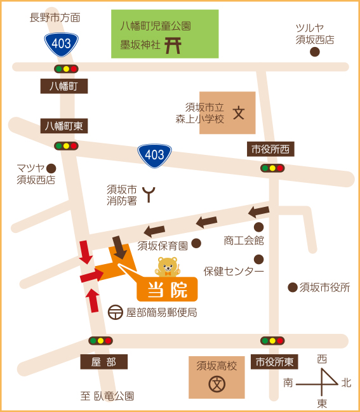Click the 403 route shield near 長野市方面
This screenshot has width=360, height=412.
pos(62,43)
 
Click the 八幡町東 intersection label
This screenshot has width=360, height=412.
pos(63,126)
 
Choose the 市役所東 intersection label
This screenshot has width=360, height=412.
pos(274,362)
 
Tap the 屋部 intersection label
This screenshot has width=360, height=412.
pos(103,362)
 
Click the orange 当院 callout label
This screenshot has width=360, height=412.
pos(167,289)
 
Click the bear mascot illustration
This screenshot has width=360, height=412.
pos(168,267)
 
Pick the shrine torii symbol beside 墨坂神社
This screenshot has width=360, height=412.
pos(172,45)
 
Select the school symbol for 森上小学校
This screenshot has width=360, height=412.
pos(239,114)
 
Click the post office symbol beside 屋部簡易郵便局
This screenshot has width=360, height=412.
pos(116,312)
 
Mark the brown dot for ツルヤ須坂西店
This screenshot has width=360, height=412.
pos(314,52)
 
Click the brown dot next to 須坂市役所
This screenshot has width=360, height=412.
pos(292,288)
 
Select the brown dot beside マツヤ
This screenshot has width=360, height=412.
pos(51,168)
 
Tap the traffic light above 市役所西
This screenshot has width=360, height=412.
pos(272,168)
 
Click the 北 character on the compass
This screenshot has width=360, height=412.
pos(346,383)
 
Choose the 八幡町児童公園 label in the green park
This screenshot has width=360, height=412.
pos(156,26)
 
